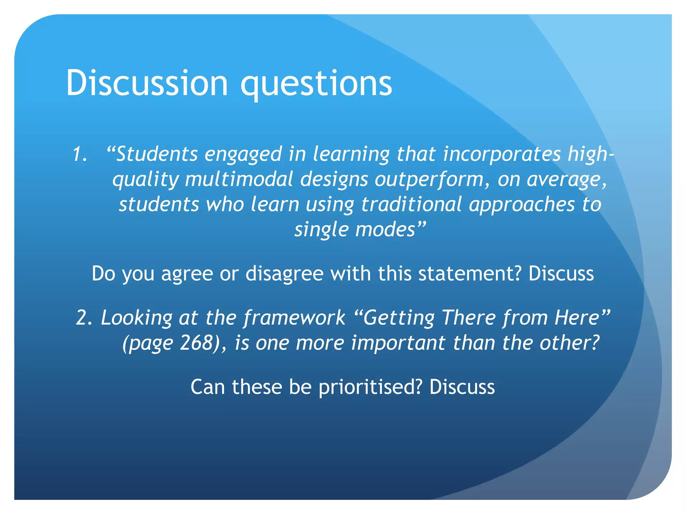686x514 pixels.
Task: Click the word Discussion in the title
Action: pyautogui.click(x=147, y=83)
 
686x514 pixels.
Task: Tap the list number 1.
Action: pyautogui.click(x=80, y=155)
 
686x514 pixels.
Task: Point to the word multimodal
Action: pyautogui.click(x=239, y=179)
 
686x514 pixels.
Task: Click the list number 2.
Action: pyautogui.click(x=84, y=318)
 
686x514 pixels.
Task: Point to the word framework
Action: pyautogui.click(x=294, y=318)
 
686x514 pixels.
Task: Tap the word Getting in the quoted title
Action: pyautogui.click(x=399, y=318)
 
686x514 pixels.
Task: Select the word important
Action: pyautogui.click(x=398, y=343)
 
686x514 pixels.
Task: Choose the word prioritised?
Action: pyautogui.click(x=370, y=387)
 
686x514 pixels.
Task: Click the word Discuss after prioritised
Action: pyautogui.click(x=462, y=387)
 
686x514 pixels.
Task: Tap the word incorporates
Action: pyautogui.click(x=501, y=154)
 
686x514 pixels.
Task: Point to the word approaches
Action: pyautogui.click(x=522, y=205)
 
